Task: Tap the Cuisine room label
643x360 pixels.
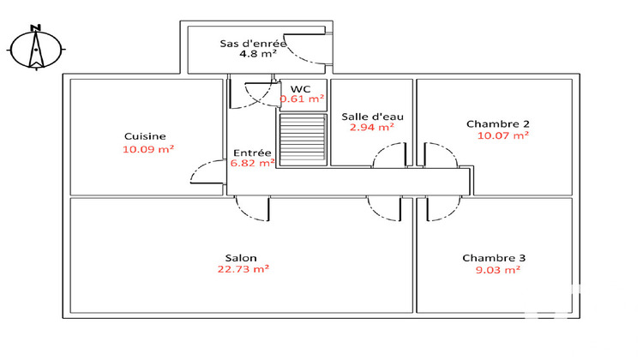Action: point(145,136)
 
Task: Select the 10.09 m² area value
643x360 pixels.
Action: point(148,149)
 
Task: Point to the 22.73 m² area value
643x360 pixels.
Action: point(243,268)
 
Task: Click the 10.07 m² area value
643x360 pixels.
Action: point(502,135)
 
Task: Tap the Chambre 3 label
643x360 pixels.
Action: point(494,258)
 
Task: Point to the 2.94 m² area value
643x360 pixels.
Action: point(371,128)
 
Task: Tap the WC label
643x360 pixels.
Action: point(300,88)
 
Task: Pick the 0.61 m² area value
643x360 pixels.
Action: point(302,99)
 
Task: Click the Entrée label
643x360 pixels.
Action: point(252,153)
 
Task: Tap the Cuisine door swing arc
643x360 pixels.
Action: point(206,171)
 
